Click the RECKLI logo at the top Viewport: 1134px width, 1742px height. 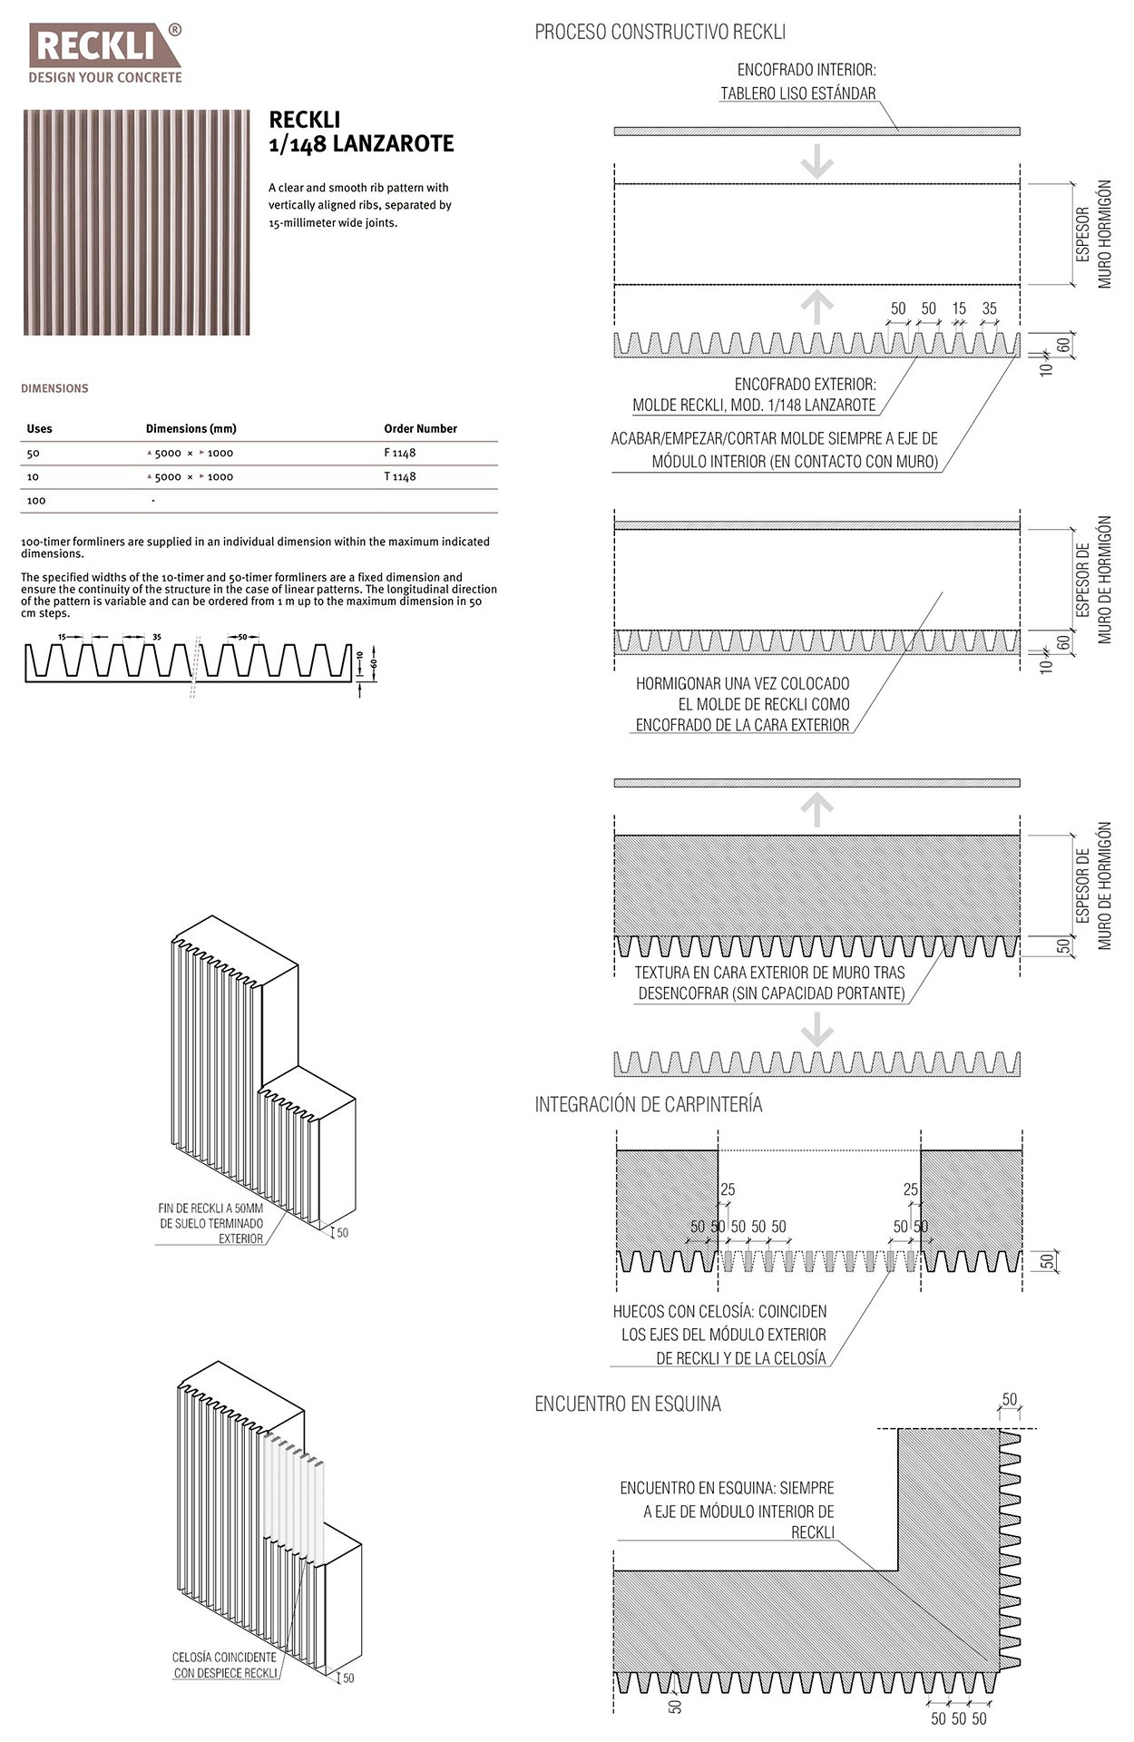105,54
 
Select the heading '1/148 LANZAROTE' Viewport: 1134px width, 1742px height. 361,143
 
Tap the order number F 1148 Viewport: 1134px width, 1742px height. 400,453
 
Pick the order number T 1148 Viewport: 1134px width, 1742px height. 400,476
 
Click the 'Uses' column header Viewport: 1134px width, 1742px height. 40,428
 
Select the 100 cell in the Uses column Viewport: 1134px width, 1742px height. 36,500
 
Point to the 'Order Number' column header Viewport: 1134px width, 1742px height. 420,428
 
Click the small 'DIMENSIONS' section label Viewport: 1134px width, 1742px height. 54,388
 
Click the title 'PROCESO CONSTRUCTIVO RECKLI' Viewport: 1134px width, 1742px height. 660,33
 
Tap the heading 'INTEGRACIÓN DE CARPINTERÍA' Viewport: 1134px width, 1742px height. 648,1104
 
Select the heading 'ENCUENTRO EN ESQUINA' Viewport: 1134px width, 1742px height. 628,1404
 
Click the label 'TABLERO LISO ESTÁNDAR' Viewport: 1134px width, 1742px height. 798,93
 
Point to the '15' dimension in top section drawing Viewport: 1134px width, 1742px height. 959,308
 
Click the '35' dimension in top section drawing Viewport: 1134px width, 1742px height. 989,308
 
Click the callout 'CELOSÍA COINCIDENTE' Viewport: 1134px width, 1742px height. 224,1658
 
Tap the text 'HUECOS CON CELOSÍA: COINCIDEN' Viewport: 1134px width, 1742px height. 719,1311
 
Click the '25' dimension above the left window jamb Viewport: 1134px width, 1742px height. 728,1189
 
